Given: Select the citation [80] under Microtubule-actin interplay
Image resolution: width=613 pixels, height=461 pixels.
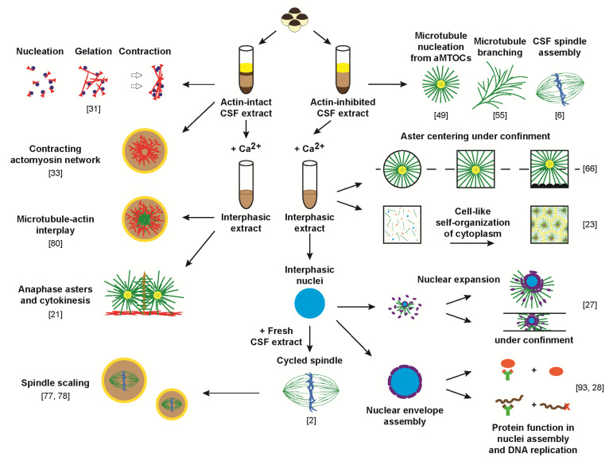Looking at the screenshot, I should tap(66, 233).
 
